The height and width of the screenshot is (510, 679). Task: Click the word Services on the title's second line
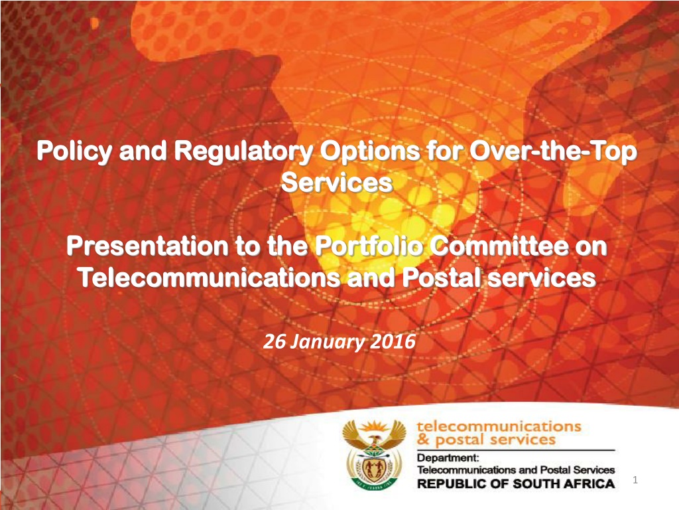pyautogui.click(x=337, y=183)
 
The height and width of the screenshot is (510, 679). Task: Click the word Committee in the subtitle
pyautogui.click(x=499, y=246)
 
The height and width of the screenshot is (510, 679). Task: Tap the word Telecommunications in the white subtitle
pyautogui.click(x=210, y=278)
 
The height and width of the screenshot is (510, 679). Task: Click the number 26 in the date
pyautogui.click(x=274, y=342)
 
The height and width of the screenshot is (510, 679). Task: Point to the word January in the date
pyautogui.click(x=327, y=343)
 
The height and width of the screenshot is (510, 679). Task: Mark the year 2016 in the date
pyautogui.click(x=393, y=342)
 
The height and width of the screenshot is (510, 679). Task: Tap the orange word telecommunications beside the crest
pyautogui.click(x=499, y=426)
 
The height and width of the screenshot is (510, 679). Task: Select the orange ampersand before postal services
pyautogui.click(x=424, y=441)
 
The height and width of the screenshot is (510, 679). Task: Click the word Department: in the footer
pyautogui.click(x=448, y=458)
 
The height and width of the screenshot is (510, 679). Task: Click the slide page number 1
pyautogui.click(x=635, y=479)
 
